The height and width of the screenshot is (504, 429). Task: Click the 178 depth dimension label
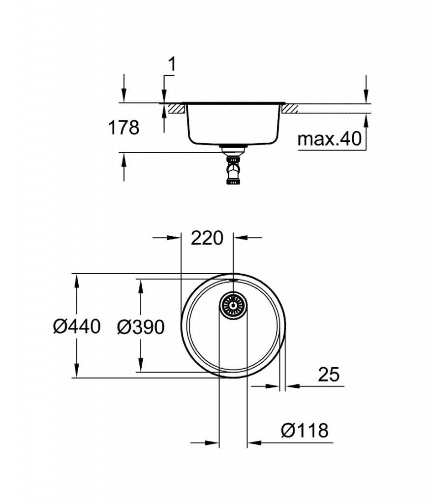pos(123,127)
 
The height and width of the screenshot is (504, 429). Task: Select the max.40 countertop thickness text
pos(330,139)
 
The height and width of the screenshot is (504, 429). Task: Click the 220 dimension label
pos(207,238)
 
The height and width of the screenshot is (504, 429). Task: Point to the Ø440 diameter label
pos(77,326)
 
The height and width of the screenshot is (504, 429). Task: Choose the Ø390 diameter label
pos(141,327)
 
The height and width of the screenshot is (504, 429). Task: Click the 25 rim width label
pos(329,375)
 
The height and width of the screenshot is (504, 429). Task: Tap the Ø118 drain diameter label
pos(305,430)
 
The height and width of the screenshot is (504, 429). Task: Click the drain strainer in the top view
pos(233,305)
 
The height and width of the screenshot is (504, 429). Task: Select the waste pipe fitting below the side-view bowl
pos(233,166)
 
